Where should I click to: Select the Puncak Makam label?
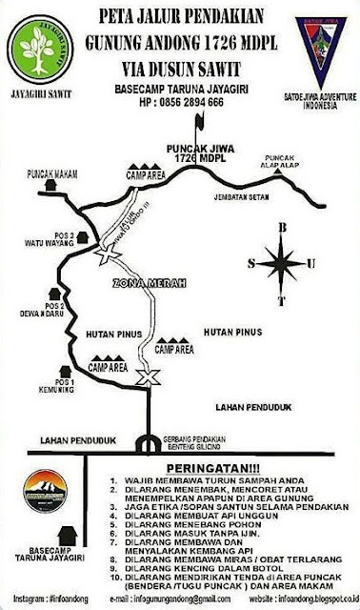pyautogui.click(x=51, y=173)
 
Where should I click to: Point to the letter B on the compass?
pyautogui.click(x=280, y=227)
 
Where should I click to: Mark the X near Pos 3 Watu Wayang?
pyautogui.click(x=105, y=250)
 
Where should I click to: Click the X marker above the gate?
pyautogui.click(x=145, y=380)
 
